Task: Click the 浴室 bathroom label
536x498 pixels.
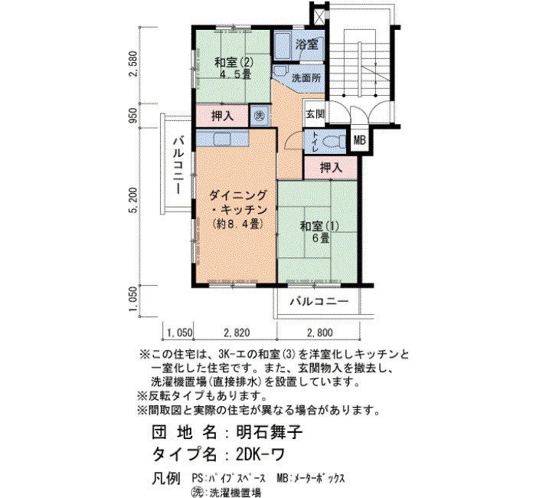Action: (x=306, y=44)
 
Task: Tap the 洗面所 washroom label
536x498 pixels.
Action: (x=306, y=78)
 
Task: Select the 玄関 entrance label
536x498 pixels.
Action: (x=315, y=113)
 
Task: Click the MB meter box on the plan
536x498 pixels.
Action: (x=359, y=140)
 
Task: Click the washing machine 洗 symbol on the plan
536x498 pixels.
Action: (x=260, y=116)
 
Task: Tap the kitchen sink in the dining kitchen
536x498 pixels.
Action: (x=223, y=139)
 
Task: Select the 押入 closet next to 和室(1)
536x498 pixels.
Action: (x=331, y=168)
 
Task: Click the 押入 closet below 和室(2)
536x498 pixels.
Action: (x=222, y=116)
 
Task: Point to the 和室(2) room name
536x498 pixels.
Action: (x=234, y=63)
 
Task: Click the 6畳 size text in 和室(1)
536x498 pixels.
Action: (x=320, y=238)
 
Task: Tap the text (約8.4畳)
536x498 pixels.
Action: (x=237, y=224)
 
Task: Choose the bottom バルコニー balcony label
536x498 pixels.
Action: (x=319, y=301)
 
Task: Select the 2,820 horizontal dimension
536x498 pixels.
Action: (x=237, y=333)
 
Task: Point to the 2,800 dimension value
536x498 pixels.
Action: (x=319, y=333)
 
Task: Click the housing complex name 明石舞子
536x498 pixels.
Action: (x=270, y=432)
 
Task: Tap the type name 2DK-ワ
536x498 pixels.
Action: (x=260, y=454)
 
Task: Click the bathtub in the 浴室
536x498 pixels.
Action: (x=283, y=46)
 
